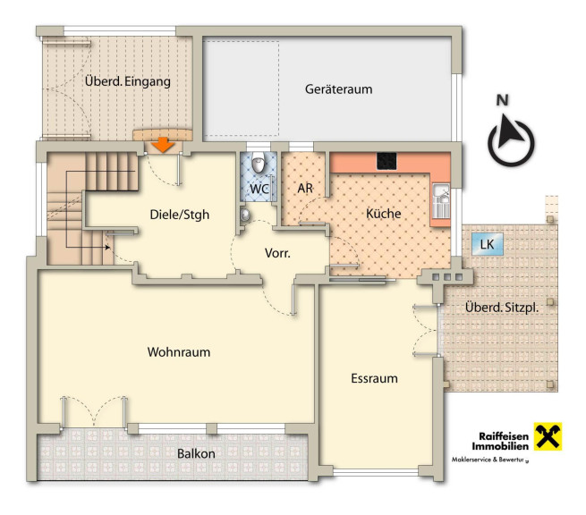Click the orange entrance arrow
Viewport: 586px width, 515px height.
[164, 145]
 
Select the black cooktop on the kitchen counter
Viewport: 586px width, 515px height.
[386, 161]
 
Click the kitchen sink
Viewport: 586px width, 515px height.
[441, 201]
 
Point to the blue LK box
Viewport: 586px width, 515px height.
[488, 244]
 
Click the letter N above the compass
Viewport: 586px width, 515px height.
[503, 100]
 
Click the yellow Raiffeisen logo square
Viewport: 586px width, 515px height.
[548, 436]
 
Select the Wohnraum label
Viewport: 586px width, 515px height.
[179, 352]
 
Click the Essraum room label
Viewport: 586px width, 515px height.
[374, 378]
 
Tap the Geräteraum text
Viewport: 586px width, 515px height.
[338, 89]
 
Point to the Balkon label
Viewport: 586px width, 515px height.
[196, 453]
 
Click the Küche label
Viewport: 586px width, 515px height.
[384, 214]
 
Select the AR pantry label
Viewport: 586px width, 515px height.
[305, 189]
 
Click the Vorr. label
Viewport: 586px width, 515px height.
[277, 253]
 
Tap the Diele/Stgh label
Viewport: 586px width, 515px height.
[180, 215]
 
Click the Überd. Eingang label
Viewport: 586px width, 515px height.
[127, 81]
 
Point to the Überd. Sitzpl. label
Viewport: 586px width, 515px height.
[502, 308]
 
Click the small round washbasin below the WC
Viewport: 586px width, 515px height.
[245, 215]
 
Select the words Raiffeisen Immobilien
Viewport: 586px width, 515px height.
[500, 441]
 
